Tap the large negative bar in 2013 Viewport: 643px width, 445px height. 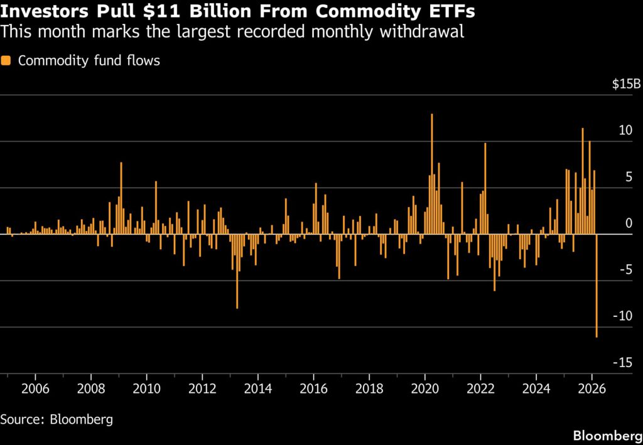click(237, 271)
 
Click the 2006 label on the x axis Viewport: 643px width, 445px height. click(35, 387)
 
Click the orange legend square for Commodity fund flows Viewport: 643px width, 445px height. click(6, 61)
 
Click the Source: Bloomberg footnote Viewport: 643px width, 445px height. click(57, 419)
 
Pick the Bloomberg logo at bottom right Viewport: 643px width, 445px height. click(607, 436)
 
